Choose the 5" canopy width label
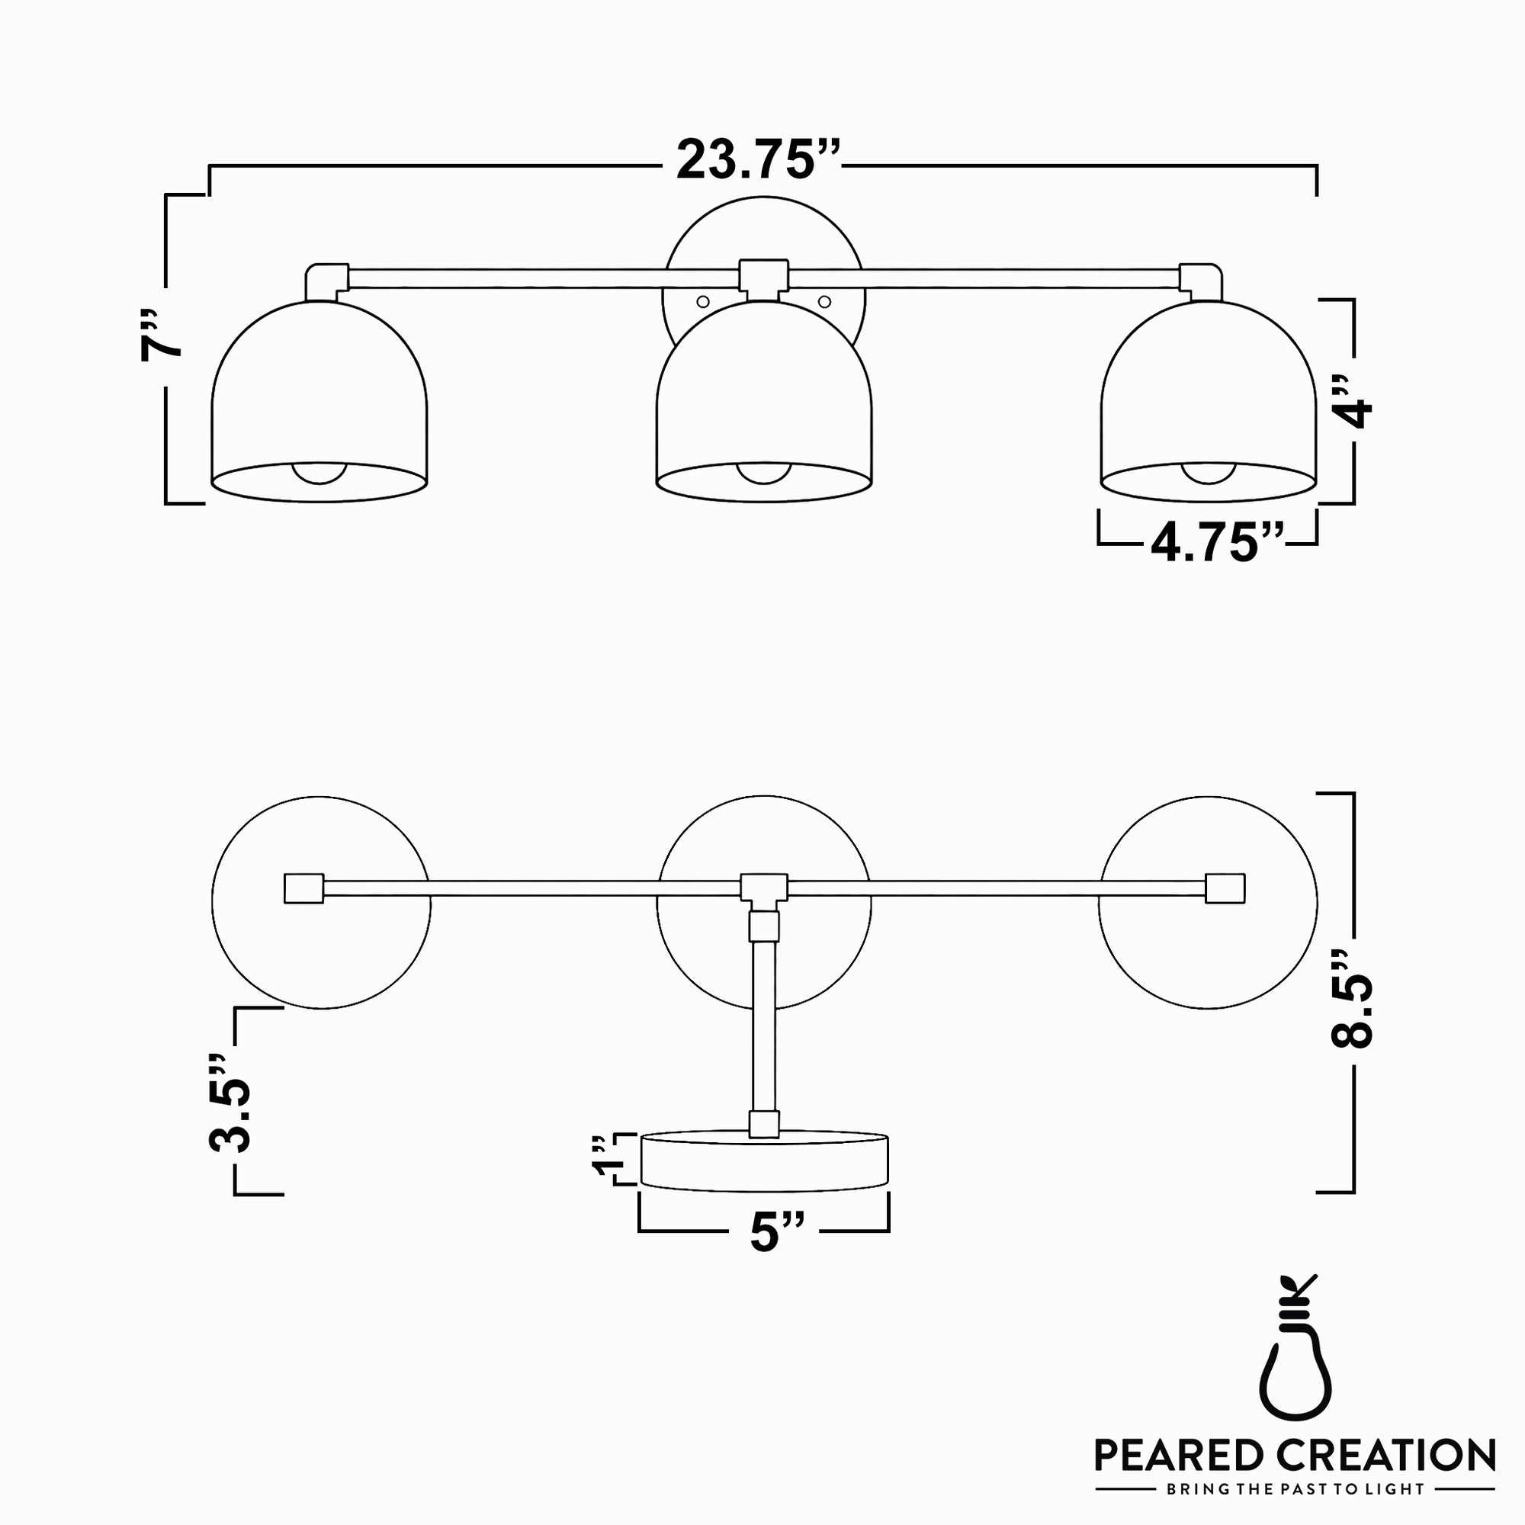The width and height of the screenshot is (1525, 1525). click(x=777, y=1232)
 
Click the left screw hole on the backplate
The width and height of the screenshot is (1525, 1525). click(x=701, y=300)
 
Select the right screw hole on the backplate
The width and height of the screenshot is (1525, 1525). click(x=825, y=300)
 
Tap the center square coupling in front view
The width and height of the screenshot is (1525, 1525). click(x=762, y=278)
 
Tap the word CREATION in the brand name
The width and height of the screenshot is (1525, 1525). click(x=1389, y=1455)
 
